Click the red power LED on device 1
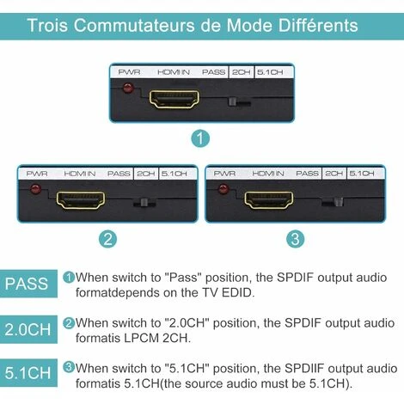click(x=128, y=88)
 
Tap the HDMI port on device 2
click(x=81, y=200)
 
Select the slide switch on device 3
click(x=333, y=202)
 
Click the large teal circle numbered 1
click(x=200, y=138)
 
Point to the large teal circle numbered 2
click(x=107, y=239)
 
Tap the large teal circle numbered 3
click(x=296, y=239)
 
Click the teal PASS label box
click(x=28, y=284)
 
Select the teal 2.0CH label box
click(x=28, y=329)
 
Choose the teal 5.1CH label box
click(x=28, y=372)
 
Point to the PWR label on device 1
click(x=129, y=72)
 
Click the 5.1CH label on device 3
click(x=362, y=174)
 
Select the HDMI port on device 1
click(x=174, y=99)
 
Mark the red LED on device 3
click(x=223, y=189)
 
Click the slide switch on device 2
click(x=144, y=203)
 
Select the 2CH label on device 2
click(x=146, y=174)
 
